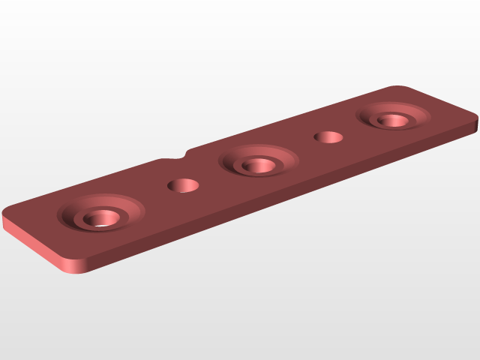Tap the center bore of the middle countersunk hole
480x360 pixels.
[258, 166]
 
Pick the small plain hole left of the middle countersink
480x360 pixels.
[183, 185]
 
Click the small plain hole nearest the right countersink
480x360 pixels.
[328, 138]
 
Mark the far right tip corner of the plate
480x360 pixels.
[475, 120]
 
